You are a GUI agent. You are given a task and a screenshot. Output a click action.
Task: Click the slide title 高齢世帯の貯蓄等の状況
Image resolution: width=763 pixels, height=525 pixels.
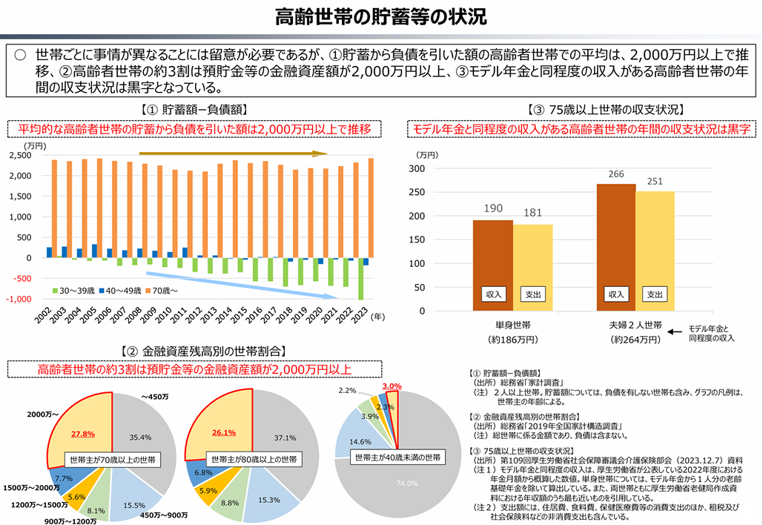tap(380, 17)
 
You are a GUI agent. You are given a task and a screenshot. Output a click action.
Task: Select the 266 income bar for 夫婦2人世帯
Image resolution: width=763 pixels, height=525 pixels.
tap(615, 245)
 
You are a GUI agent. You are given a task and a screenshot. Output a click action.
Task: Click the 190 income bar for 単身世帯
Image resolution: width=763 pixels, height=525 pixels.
tap(492, 260)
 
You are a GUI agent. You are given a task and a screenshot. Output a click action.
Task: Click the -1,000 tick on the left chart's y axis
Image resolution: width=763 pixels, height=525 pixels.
tap(20, 299)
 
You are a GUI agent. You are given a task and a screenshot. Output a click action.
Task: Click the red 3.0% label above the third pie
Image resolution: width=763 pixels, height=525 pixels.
tap(392, 386)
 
